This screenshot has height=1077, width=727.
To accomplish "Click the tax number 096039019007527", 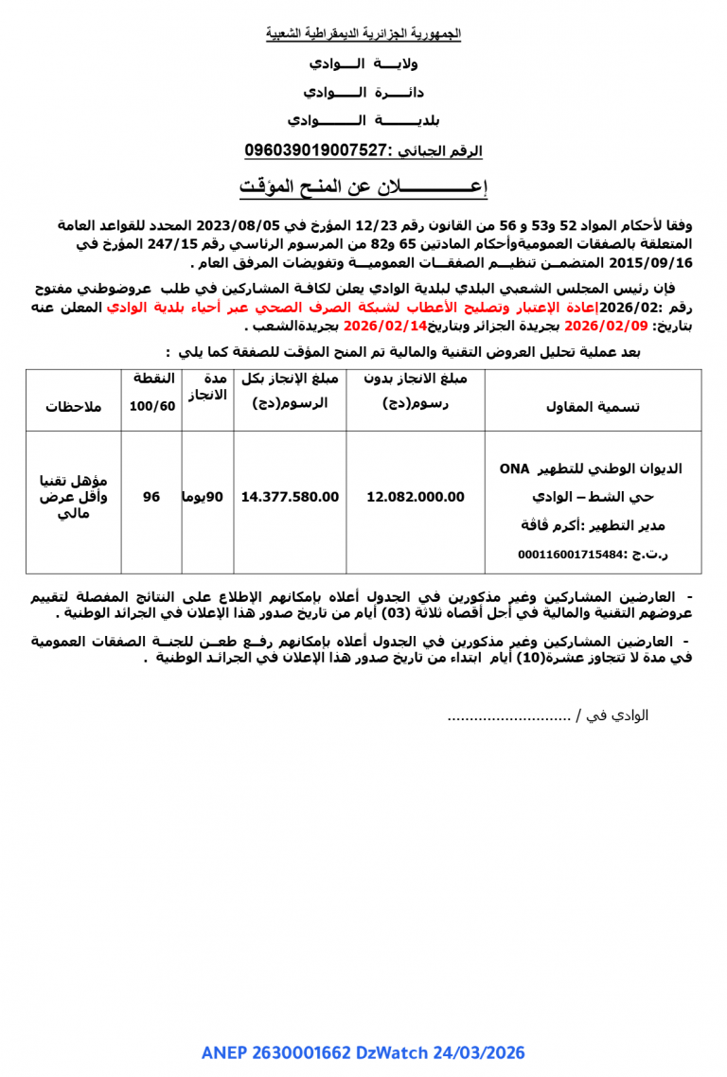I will (x=317, y=150).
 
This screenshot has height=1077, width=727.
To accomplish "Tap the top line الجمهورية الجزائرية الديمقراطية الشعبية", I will (x=363, y=34).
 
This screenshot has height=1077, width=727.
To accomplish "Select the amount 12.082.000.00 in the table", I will (x=416, y=497).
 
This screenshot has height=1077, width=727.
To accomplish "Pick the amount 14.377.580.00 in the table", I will (x=290, y=497).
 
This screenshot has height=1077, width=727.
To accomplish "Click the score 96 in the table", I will (x=151, y=497).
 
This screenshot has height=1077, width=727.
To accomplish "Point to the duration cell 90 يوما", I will (x=206, y=497).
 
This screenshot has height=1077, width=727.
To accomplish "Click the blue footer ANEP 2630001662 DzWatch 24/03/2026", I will (x=363, y=1053).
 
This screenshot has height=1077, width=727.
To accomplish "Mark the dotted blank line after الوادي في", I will (x=507, y=715).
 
